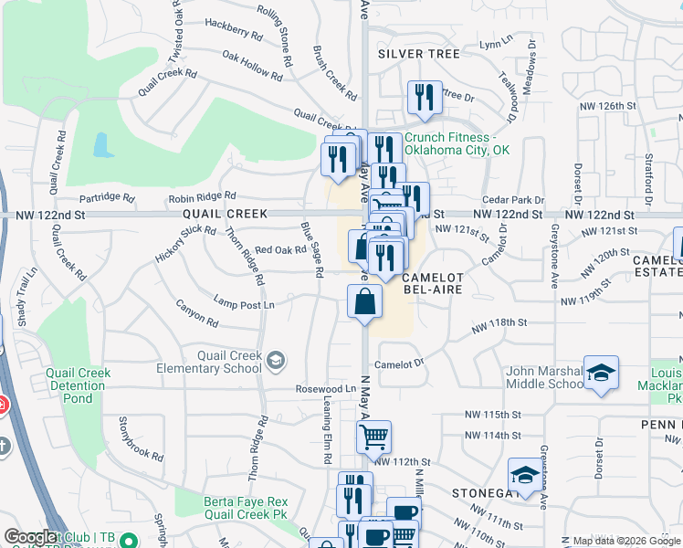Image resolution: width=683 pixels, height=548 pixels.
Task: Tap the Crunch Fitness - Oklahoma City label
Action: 457,143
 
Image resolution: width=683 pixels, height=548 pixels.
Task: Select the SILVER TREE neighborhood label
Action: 419,54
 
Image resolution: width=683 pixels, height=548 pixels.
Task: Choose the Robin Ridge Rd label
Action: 201,196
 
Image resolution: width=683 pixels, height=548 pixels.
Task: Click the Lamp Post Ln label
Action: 244,303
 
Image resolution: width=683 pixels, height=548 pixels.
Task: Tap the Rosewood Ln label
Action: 325,388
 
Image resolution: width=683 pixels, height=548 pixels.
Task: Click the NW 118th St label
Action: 499,323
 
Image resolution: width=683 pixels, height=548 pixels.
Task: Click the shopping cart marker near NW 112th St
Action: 373,437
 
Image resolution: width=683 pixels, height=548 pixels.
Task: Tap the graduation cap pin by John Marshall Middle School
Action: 601,373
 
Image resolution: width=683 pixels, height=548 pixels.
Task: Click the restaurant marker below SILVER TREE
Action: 423,98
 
